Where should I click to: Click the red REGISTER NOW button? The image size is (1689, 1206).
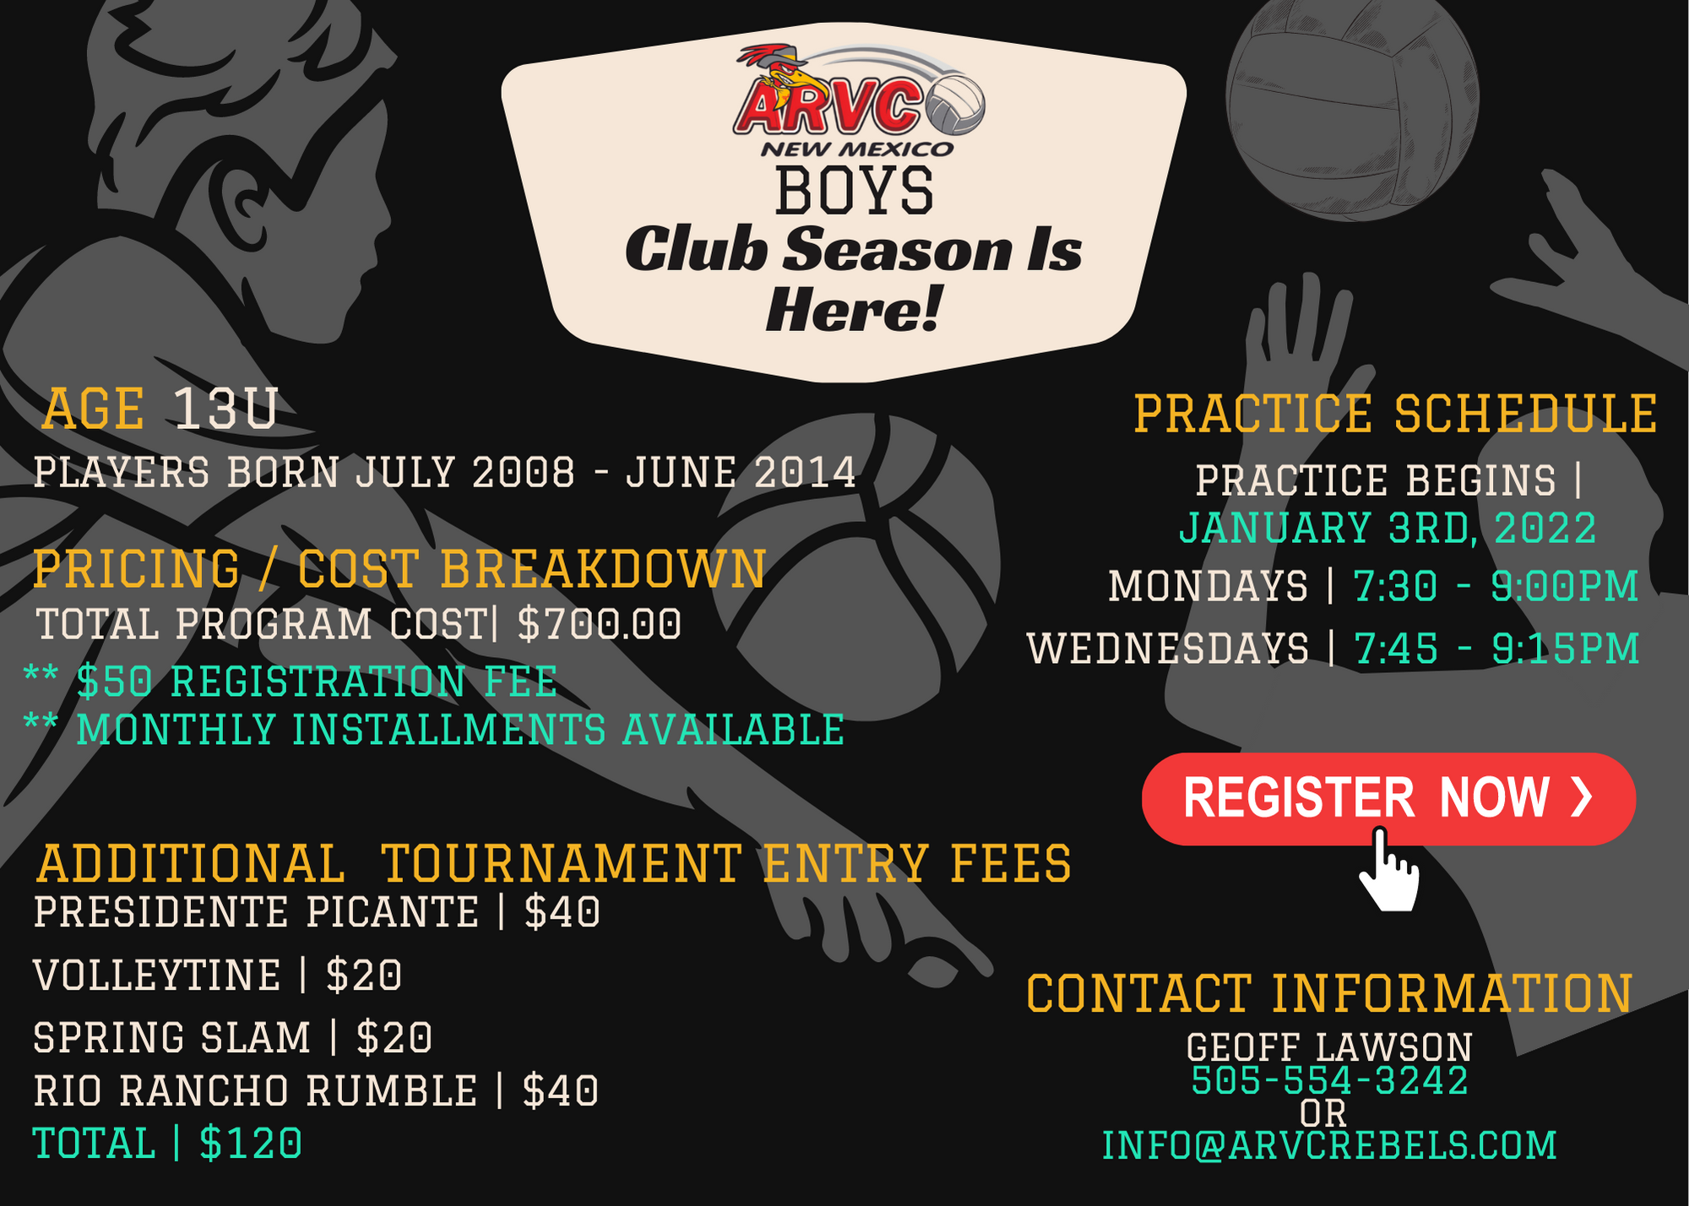[1388, 798]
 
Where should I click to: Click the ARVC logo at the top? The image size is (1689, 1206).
[858, 100]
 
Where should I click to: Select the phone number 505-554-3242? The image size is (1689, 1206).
[1329, 1080]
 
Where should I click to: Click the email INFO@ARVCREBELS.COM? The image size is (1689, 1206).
[1329, 1145]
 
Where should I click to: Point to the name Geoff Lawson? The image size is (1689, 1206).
[1329, 1047]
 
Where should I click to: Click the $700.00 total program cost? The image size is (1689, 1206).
[599, 624]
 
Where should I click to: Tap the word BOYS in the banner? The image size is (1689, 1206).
[855, 191]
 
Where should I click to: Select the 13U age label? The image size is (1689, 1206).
[225, 410]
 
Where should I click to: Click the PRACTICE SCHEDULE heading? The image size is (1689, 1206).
[1395, 414]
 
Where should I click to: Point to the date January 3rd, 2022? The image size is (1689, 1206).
[1388, 529]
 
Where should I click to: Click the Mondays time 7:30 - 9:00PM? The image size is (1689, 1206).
[1496, 586]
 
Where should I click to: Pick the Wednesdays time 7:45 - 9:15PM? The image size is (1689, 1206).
[1496, 649]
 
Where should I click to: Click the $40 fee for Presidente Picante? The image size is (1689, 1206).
[562, 912]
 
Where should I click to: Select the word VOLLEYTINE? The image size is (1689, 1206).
[157, 975]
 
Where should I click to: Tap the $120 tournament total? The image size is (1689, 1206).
[251, 1144]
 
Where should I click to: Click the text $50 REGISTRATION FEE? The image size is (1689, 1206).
[317, 682]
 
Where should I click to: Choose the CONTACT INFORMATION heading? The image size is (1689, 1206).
[1329, 993]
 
